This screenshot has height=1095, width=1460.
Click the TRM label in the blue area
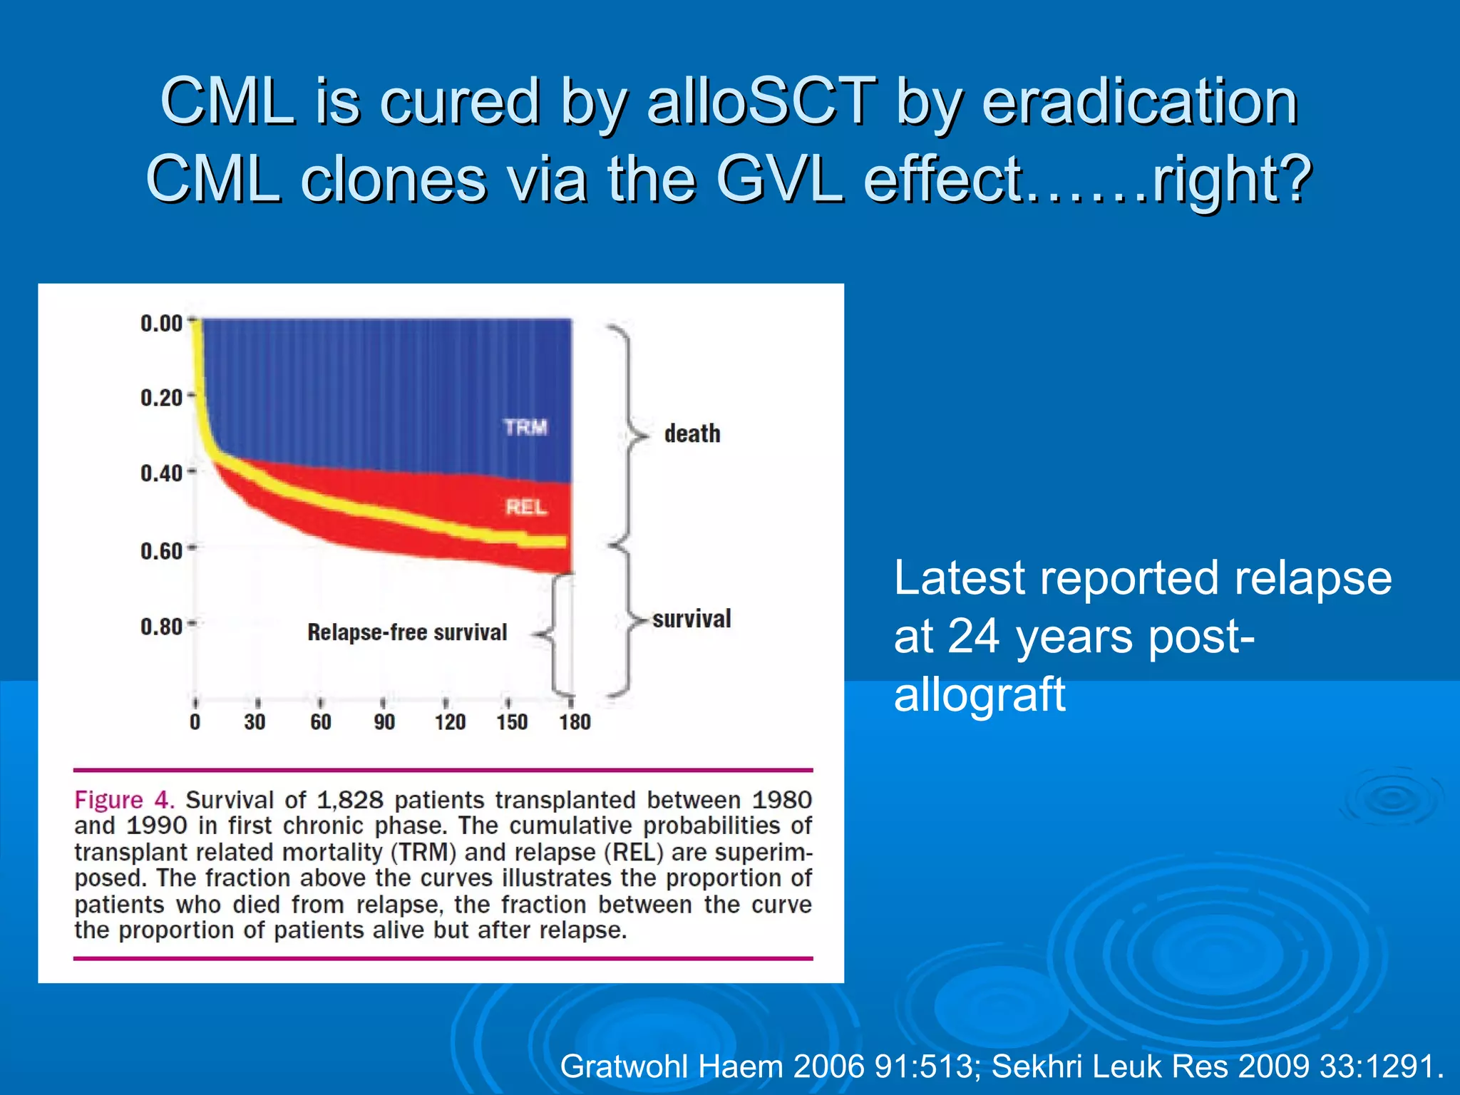pyautogui.click(x=525, y=427)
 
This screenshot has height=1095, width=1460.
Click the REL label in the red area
pyautogui.click(x=526, y=507)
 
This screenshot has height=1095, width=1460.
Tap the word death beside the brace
pyautogui.click(x=692, y=433)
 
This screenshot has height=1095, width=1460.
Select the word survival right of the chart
pyautogui.click(x=692, y=618)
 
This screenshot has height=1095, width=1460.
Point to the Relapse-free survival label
pyautogui.click(x=407, y=632)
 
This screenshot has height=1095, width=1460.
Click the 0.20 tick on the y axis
pyautogui.click(x=162, y=397)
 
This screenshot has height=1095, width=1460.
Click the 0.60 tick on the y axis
pyautogui.click(x=162, y=551)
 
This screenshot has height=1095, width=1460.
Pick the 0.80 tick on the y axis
pyautogui.click(x=162, y=627)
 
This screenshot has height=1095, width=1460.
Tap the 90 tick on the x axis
pyautogui.click(x=384, y=722)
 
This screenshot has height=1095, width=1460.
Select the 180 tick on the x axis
pyautogui.click(x=575, y=722)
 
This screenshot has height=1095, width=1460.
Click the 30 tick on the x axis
pyautogui.click(x=255, y=722)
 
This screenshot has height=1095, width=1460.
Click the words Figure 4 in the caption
pyautogui.click(x=124, y=800)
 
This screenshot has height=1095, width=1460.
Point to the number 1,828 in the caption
pyautogui.click(x=349, y=800)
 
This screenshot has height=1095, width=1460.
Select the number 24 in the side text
pyautogui.click(x=974, y=636)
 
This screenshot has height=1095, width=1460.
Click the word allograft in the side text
pyautogui.click(x=980, y=694)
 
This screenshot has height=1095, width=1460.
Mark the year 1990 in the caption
pyautogui.click(x=157, y=826)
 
